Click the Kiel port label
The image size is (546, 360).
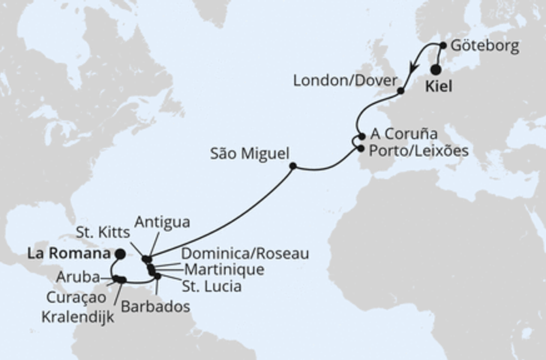(x=439, y=87)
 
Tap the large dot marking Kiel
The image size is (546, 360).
(x=435, y=69)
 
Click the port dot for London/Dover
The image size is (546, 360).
(x=400, y=91)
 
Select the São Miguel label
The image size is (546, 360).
(x=250, y=154)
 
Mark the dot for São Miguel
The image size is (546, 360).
(x=292, y=166)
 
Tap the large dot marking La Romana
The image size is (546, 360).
(x=120, y=254)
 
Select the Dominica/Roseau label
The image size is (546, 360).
(x=245, y=254)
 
